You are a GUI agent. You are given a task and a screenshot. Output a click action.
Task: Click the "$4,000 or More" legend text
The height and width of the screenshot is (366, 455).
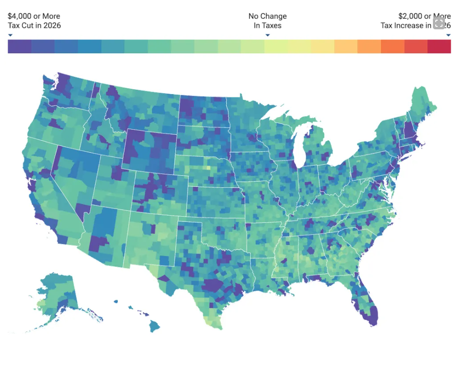click(x=34, y=16)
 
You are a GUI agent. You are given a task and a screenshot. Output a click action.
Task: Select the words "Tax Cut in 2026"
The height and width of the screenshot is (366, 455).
click(x=34, y=25)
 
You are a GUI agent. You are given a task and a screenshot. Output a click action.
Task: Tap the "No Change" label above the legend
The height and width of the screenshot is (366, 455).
click(x=267, y=16)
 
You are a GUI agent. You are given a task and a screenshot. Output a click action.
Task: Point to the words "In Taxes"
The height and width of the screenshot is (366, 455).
click(x=267, y=25)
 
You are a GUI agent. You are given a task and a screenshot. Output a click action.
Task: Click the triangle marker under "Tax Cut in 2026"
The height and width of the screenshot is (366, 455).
click(x=10, y=35)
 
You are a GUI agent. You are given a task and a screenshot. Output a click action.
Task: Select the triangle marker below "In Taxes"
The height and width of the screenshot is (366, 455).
click(x=268, y=35)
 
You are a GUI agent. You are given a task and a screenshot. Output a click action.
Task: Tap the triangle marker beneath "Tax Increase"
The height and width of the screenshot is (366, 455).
click(x=448, y=35)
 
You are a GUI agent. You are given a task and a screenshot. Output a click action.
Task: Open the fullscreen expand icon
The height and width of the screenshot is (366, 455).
click(x=439, y=23)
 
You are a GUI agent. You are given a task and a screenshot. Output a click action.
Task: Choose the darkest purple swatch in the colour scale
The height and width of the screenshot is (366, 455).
click(x=20, y=47)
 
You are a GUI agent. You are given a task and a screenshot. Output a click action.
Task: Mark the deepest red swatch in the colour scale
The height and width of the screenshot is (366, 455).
click(x=439, y=47)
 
